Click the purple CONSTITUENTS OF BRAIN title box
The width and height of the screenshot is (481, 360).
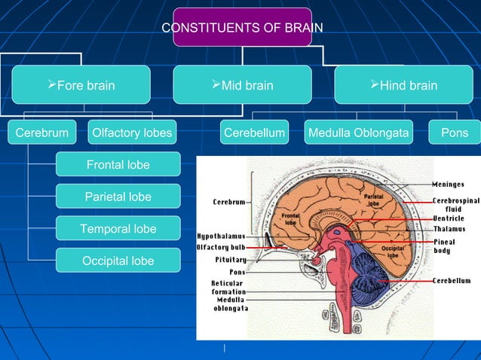242,28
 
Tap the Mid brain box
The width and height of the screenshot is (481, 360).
242,85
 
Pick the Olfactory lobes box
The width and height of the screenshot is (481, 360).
132,133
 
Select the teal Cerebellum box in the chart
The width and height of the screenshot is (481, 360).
255,133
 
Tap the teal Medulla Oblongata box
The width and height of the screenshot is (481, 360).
359,133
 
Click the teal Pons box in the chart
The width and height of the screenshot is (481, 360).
455,133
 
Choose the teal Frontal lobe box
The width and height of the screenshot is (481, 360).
118,164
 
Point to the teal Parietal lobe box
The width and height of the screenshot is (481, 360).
118,197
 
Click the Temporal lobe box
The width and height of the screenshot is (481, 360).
118,229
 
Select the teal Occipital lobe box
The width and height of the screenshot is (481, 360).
118,261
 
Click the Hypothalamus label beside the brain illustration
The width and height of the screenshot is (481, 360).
221,236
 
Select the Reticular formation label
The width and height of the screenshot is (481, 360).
227,288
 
